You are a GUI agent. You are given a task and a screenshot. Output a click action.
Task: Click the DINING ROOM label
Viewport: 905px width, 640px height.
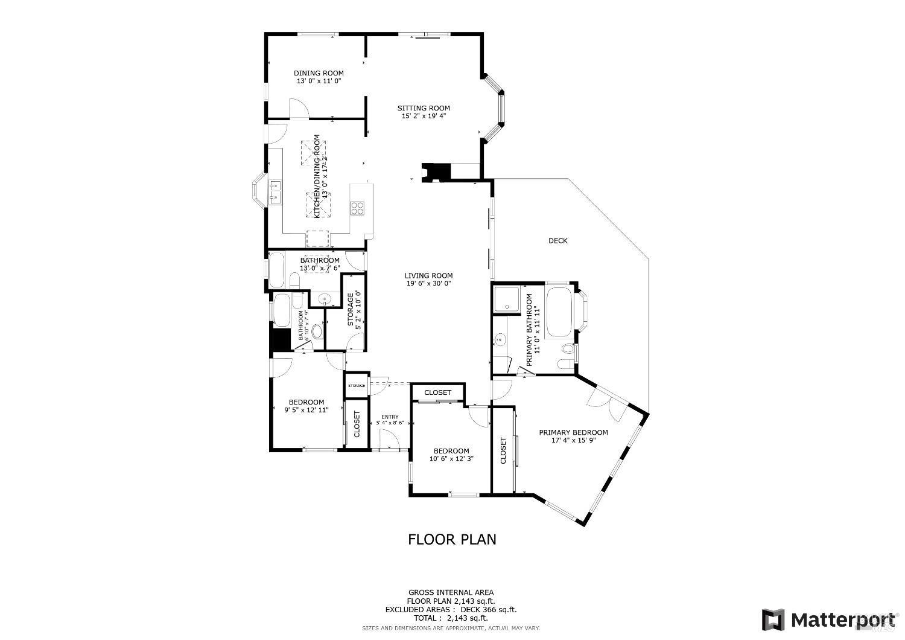pyautogui.click(x=319, y=73)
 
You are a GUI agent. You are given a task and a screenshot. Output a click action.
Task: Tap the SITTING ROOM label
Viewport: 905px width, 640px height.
pyautogui.click(x=424, y=108)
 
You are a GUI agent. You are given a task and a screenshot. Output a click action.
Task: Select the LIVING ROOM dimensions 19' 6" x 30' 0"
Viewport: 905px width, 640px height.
pyautogui.click(x=428, y=283)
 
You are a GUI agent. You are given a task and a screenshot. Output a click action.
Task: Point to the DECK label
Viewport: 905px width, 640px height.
pyautogui.click(x=557, y=241)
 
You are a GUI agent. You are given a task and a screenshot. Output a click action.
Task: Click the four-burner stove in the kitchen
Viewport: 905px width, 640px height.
pyautogui.click(x=357, y=208)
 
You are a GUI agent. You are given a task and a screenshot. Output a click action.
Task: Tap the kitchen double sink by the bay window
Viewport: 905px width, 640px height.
pyautogui.click(x=276, y=192)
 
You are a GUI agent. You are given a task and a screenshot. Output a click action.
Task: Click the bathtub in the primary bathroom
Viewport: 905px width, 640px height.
pyautogui.click(x=561, y=313)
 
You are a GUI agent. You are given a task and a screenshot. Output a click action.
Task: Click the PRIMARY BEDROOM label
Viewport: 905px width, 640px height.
pyautogui.click(x=573, y=432)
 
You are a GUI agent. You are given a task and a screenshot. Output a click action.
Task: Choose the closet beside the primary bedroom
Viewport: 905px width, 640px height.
pyautogui.click(x=504, y=450)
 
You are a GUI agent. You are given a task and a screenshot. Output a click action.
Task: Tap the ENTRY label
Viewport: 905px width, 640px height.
pyautogui.click(x=390, y=417)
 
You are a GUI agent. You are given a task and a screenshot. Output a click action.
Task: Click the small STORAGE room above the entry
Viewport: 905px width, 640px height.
pyautogui.click(x=356, y=385)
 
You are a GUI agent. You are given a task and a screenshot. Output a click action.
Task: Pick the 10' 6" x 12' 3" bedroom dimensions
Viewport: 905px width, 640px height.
pyautogui.click(x=451, y=458)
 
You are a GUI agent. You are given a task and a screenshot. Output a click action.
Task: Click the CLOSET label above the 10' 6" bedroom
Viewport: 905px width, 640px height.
pyautogui.click(x=437, y=392)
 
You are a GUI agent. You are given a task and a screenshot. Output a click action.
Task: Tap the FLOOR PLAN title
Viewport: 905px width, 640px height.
pyautogui.click(x=452, y=539)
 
